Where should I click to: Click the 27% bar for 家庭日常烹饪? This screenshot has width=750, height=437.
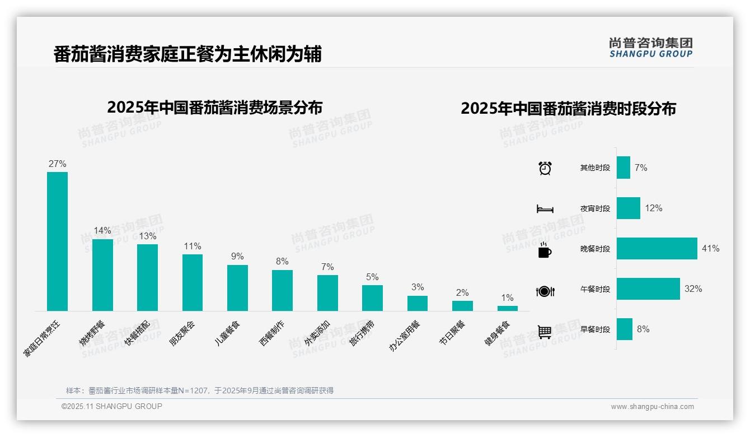(57, 241)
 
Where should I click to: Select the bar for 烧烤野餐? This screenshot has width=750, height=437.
(102, 275)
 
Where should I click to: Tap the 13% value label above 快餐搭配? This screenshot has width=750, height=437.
(148, 236)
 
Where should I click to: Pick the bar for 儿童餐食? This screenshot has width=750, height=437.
(237, 287)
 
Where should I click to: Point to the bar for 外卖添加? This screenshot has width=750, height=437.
(327, 292)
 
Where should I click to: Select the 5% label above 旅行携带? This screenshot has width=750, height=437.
(372, 277)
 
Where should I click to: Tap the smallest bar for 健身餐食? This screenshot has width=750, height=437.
(507, 308)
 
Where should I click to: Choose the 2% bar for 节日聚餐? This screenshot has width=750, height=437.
(462, 305)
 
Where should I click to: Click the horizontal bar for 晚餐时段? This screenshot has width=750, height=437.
(657, 248)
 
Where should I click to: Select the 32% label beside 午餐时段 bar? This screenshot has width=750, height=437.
(693, 289)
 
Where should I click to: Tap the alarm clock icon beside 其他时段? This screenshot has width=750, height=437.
(545, 168)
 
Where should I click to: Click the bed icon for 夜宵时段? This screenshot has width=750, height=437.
(545, 209)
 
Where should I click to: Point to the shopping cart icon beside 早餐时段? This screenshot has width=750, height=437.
(545, 332)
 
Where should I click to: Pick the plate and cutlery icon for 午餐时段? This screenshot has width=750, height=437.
(545, 291)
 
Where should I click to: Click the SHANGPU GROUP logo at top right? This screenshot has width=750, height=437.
(650, 48)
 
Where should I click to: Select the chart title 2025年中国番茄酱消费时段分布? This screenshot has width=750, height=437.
(568, 108)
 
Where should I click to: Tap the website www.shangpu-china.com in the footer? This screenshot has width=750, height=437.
(652, 407)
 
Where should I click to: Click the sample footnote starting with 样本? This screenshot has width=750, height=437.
(200, 390)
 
